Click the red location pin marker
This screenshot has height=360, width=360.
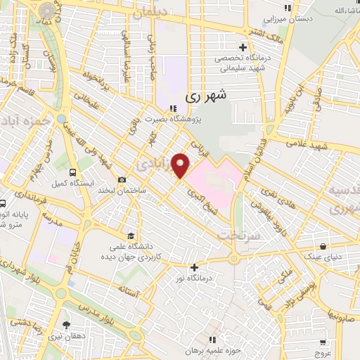[x=181, y=165]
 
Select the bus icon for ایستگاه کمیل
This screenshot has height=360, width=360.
[x=73, y=172]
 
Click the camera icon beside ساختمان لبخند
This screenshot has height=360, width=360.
[x=122, y=181]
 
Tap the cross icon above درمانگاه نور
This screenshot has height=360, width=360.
[x=194, y=267]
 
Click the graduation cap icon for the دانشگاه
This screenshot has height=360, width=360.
[x=131, y=236]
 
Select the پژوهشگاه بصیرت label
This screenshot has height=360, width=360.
[x=173, y=120]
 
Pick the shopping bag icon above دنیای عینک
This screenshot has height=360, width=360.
[x=323, y=247]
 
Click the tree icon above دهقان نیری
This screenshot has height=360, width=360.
[x=66, y=325]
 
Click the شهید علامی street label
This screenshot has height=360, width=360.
[x=313, y=144]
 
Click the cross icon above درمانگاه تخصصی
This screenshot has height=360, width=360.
[x=243, y=46]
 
